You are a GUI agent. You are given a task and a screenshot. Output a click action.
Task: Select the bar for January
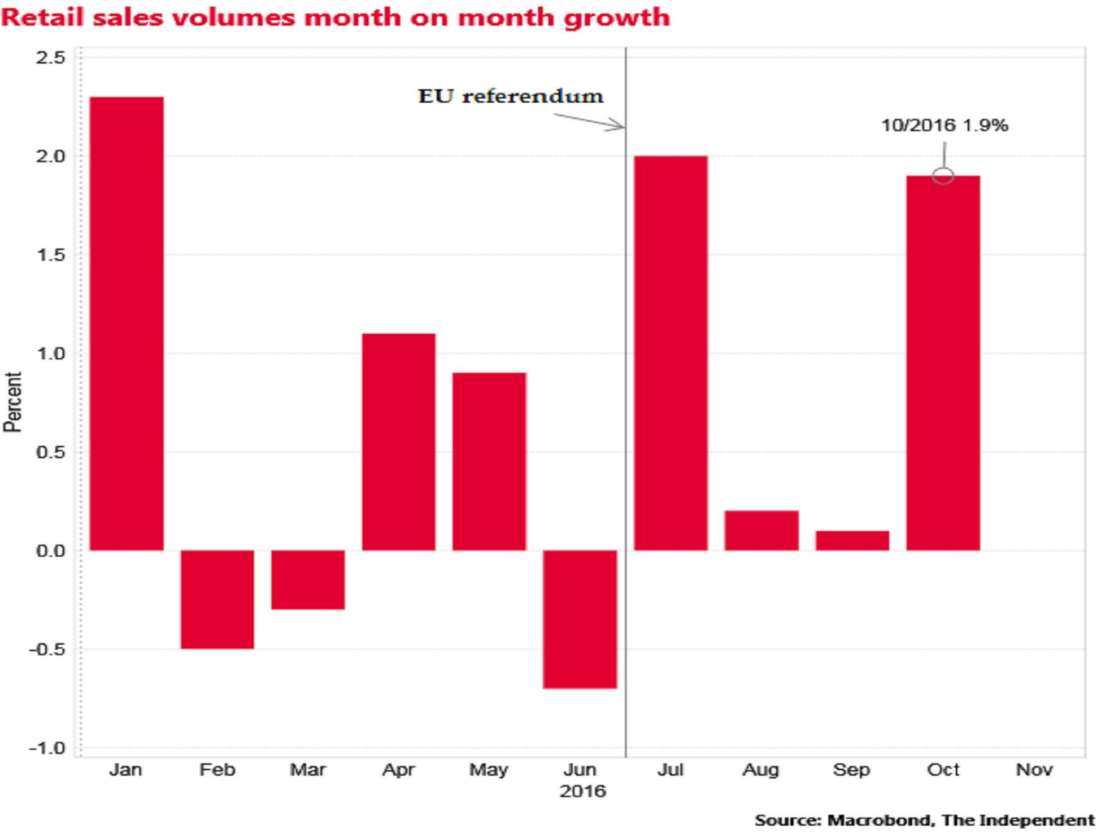[x=126, y=323]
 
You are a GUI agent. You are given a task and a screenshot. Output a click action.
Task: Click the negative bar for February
[x=217, y=599]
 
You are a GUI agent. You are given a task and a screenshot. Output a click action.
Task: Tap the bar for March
[x=308, y=579]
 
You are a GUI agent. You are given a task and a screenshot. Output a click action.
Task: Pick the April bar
[x=399, y=441]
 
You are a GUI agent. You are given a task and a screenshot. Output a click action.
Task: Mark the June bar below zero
[x=580, y=619]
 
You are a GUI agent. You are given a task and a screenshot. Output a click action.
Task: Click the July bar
[x=671, y=353]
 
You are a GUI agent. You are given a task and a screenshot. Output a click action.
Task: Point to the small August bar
[x=762, y=530]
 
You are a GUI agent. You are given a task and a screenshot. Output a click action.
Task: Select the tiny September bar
[x=852, y=540]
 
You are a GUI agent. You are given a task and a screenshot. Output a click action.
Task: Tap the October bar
[x=943, y=363]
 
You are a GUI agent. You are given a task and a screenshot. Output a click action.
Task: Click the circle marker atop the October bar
[x=943, y=176]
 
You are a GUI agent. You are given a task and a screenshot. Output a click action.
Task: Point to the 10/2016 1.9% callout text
[x=944, y=126]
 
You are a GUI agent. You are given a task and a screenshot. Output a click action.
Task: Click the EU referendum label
[x=510, y=96]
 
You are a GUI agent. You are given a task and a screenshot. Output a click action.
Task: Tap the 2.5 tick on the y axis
[x=50, y=58]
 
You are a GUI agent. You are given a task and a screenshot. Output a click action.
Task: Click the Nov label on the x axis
[x=1034, y=770]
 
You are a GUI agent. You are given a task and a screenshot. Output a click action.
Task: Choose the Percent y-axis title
[x=13, y=402]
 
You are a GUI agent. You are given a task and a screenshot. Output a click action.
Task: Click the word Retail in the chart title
[x=42, y=17]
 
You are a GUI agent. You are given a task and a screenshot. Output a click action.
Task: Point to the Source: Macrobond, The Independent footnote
[x=924, y=820]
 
